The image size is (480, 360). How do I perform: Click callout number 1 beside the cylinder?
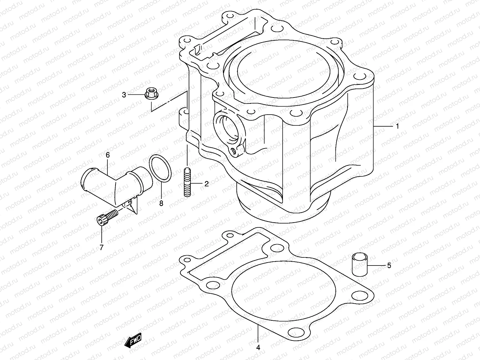(397, 126)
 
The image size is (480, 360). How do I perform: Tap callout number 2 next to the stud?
(206, 184)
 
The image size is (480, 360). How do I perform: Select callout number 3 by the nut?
(124, 95)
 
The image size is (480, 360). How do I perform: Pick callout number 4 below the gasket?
(258, 348)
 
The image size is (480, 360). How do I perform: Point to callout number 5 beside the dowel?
(389, 265)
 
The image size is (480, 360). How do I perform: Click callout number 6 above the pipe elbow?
(107, 155)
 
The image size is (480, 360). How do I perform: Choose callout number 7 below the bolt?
(101, 247)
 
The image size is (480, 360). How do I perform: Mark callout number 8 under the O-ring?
(161, 204)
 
